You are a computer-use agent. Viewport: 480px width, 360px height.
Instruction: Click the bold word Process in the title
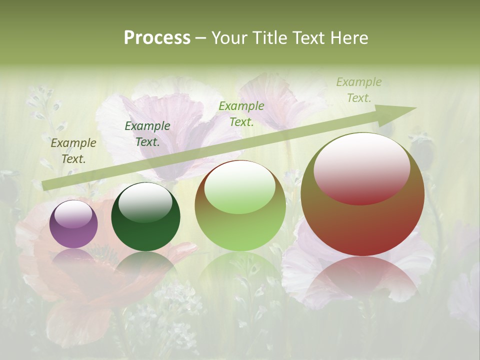(157, 38)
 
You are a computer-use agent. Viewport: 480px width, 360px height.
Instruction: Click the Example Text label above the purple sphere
(73, 151)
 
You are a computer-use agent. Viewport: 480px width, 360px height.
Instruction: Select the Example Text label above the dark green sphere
(147, 134)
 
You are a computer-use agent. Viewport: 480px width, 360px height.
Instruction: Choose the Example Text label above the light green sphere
(241, 114)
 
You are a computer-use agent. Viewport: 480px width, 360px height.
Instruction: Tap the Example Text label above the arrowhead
(359, 90)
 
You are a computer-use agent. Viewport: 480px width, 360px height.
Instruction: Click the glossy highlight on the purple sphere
(73, 214)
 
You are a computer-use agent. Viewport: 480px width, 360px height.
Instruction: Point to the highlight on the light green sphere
(240, 187)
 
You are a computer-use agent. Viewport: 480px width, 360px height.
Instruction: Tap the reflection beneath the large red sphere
(362, 280)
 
